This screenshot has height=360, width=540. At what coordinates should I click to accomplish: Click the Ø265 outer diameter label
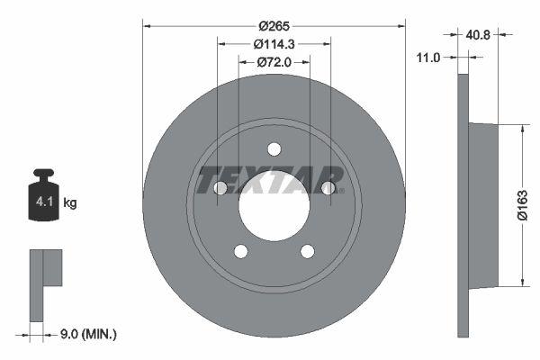pos(274,27)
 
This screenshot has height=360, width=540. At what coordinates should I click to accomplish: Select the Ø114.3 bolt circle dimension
pos(274,44)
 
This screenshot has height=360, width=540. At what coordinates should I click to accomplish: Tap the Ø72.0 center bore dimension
pos(274,62)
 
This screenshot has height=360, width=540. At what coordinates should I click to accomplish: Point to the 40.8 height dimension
pos(479,35)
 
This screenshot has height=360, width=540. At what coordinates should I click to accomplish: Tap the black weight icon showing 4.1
pos(43,198)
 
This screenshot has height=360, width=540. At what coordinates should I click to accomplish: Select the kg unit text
pos(70,203)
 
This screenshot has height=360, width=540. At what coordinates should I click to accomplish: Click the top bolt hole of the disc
pos(274,149)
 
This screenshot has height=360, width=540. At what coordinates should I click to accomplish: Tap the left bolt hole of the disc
pos(220,188)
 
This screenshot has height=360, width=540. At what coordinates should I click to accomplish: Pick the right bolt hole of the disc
pos(328,188)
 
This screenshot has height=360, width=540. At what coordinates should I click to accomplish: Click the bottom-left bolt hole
pos(241,251)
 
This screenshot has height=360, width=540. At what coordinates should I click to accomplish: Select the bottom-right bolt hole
pos(307,251)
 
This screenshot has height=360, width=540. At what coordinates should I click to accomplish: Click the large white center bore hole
pos(274,205)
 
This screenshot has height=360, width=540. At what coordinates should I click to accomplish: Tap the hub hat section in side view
pos(483,205)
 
